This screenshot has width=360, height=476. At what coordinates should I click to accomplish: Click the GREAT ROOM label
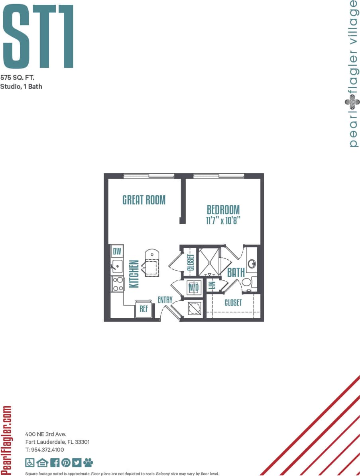(x=144, y=200)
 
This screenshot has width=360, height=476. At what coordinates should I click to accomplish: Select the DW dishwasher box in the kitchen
(x=117, y=251)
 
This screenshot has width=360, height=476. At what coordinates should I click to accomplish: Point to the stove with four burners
(x=118, y=284)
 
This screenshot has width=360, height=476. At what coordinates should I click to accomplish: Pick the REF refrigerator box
(x=144, y=308)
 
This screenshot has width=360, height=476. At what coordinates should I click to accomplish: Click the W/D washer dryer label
(x=193, y=287)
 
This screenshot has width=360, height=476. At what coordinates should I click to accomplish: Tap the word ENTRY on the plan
(x=165, y=300)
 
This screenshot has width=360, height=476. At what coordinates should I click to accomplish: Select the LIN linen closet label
(x=212, y=285)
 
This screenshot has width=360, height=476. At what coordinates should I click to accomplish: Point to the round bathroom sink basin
(x=252, y=264)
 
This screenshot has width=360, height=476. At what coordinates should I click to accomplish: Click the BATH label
(x=236, y=273)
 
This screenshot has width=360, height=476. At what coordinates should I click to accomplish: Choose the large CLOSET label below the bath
(x=233, y=303)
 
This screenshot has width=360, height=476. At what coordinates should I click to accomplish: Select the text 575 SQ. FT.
(x=17, y=78)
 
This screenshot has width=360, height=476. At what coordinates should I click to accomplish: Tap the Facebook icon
(x=55, y=462)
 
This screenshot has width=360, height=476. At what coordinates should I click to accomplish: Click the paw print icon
(x=88, y=462)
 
